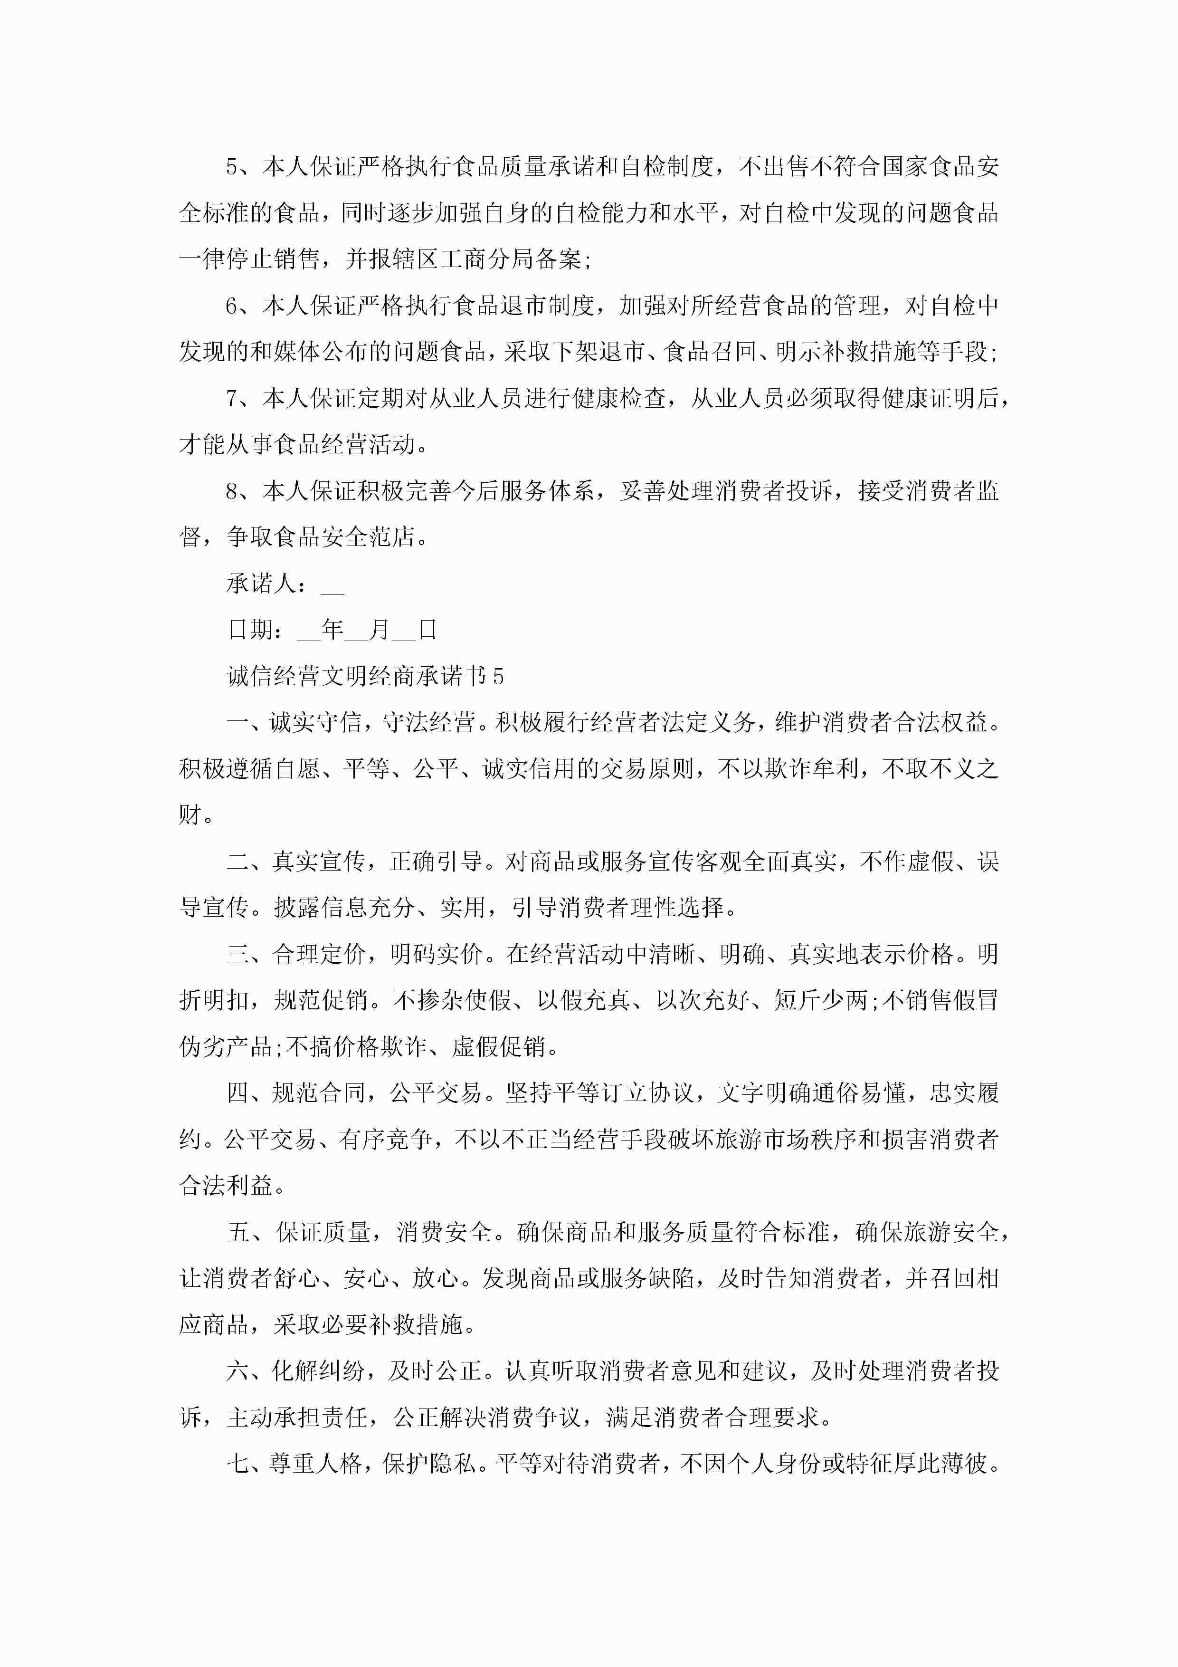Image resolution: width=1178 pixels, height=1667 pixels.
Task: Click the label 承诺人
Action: tap(261, 584)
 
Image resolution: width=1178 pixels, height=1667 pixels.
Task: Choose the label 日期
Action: tap(250, 630)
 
